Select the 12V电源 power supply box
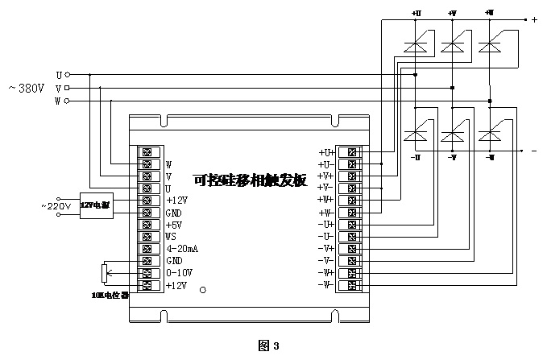96,206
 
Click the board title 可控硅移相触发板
250,180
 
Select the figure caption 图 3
268,346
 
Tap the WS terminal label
171,237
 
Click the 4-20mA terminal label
182,249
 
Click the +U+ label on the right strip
325,151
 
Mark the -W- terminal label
325,284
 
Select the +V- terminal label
325,187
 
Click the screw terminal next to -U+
352,224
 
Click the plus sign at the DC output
534,19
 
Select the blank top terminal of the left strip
147,151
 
